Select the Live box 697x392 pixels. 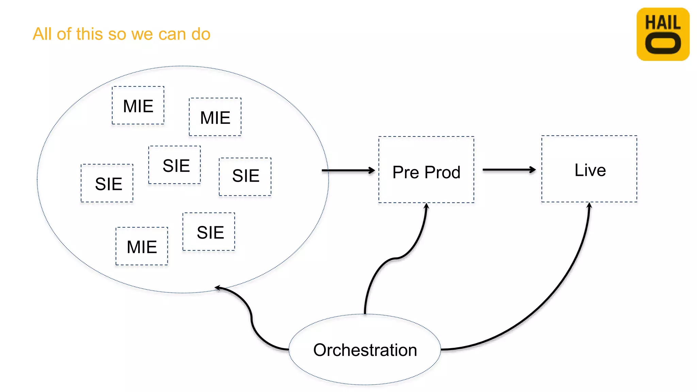(x=589, y=169)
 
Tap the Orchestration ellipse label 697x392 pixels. (x=365, y=350)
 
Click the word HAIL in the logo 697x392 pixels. (x=663, y=23)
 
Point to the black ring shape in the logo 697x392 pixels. (x=663, y=43)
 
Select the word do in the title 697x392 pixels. (x=200, y=34)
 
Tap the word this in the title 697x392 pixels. (x=90, y=34)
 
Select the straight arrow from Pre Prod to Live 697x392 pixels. (x=509, y=169)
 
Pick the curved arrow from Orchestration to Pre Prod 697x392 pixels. (x=395, y=259)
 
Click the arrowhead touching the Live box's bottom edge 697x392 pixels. (x=589, y=206)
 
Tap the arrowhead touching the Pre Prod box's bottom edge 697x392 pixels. (x=426, y=206)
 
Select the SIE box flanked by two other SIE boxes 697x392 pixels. (x=175, y=165)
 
